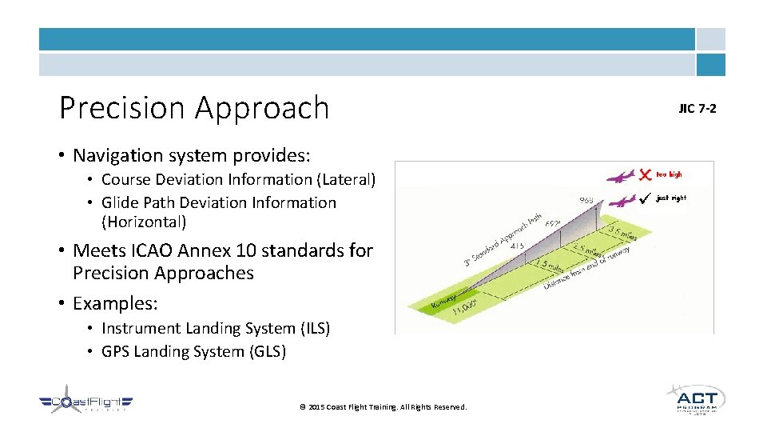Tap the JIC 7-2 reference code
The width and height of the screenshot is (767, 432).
pos(697,108)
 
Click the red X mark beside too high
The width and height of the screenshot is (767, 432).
pos(646,174)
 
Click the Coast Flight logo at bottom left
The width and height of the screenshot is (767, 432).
pos(86,404)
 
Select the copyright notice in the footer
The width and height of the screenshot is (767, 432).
pos(383,407)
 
